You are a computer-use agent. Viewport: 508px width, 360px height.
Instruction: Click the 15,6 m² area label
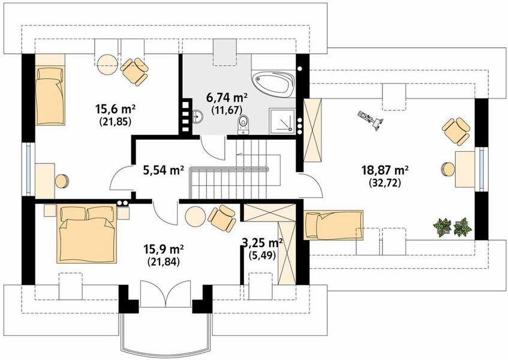[x=115, y=109]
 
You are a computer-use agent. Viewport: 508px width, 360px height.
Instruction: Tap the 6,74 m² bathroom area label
[x=227, y=97]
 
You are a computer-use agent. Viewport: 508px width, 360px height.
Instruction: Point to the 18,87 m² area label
[x=384, y=169]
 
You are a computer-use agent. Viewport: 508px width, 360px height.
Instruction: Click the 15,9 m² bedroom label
[x=164, y=249]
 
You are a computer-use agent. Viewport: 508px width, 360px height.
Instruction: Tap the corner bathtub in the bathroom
[x=273, y=83]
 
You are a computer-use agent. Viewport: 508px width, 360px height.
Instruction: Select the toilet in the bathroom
[x=243, y=125]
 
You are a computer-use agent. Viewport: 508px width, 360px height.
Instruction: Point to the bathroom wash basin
[x=197, y=116]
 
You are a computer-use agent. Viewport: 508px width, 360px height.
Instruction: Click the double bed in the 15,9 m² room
[x=87, y=234]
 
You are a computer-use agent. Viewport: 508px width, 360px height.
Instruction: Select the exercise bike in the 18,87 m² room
[x=371, y=120]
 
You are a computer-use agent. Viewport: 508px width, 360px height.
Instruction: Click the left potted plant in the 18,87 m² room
[x=442, y=227]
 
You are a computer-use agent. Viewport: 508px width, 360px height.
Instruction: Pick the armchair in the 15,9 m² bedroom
[x=222, y=217]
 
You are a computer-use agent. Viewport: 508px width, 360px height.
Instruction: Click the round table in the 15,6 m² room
[x=107, y=64]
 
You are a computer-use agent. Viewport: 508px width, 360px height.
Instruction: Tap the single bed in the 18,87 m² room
[x=333, y=225]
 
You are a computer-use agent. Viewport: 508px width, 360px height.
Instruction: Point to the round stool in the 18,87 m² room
[x=448, y=169]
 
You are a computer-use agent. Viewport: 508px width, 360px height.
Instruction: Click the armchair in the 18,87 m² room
[x=456, y=131]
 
